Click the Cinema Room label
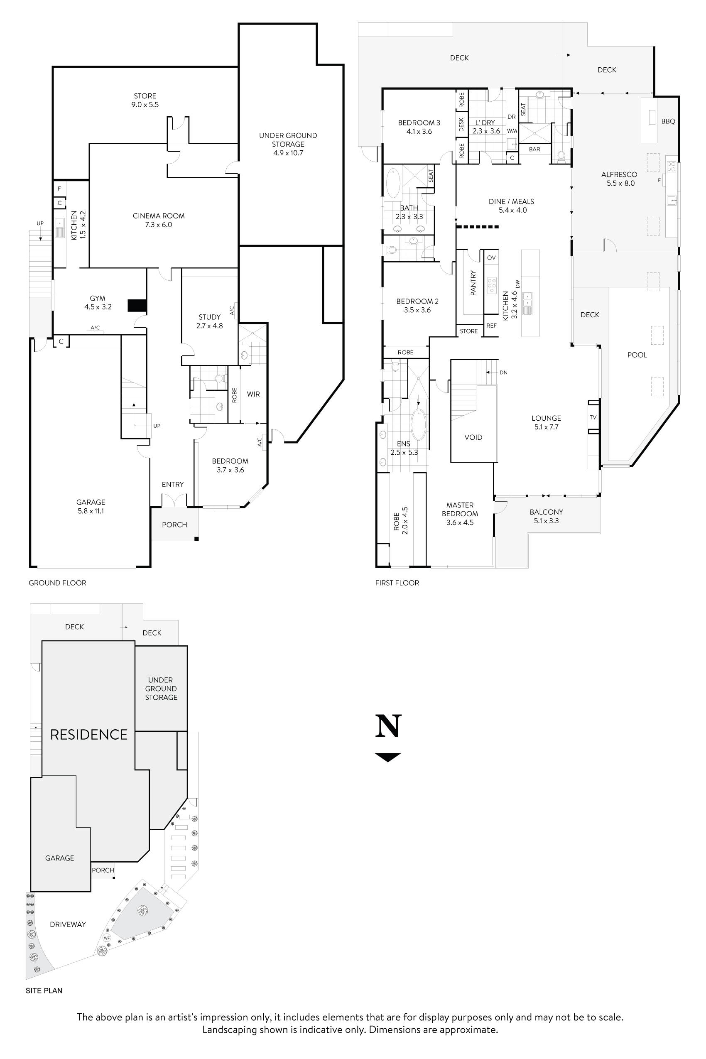click(x=159, y=220)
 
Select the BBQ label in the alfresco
click(x=668, y=121)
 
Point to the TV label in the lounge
click(x=593, y=417)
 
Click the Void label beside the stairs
click(x=473, y=437)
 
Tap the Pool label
click(x=637, y=355)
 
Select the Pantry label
click(x=473, y=283)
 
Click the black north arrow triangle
click(x=387, y=757)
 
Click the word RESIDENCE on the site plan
click(x=89, y=735)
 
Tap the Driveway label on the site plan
click(x=68, y=924)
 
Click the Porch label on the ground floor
click(x=174, y=525)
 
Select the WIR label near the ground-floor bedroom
click(x=253, y=394)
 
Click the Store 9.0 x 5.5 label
click(x=145, y=100)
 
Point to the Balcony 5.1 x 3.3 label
click(x=546, y=516)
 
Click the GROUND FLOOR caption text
click(x=57, y=583)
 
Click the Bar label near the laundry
click(x=534, y=149)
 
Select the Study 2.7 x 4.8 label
click(x=209, y=321)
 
